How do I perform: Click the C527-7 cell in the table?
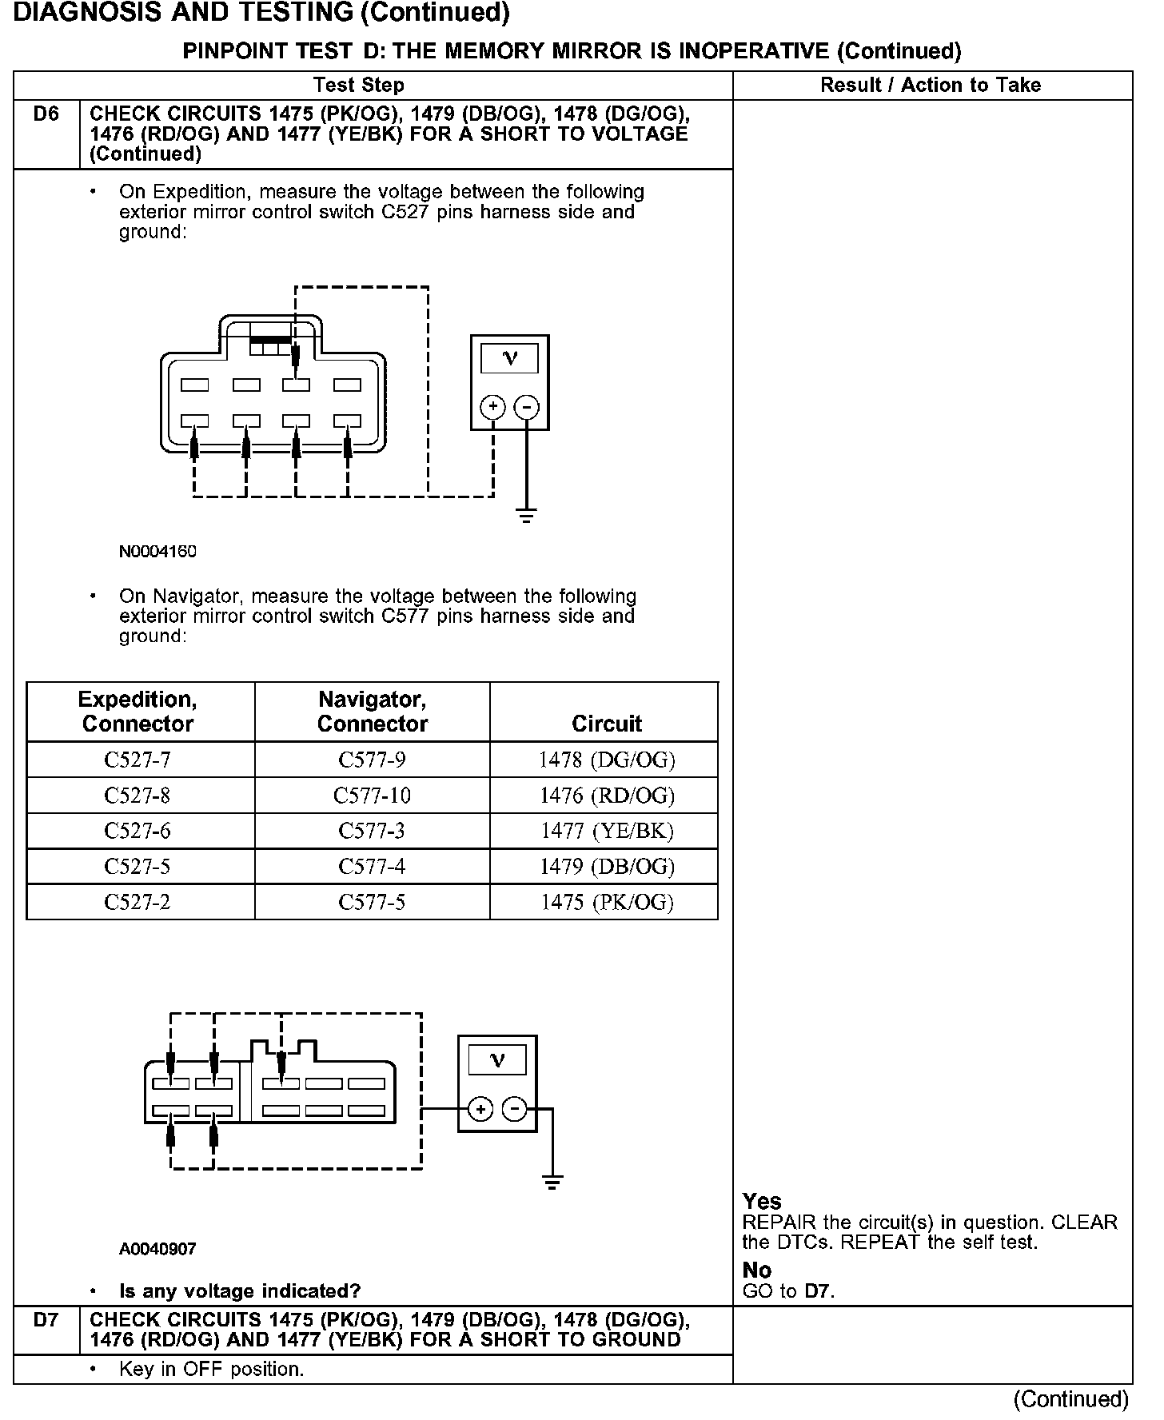138,760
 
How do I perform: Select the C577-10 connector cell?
372,796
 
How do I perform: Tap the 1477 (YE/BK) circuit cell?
607,832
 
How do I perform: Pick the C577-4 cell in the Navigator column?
372,867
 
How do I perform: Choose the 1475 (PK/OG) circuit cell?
607,903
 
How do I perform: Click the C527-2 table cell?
138,903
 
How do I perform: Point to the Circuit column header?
606,724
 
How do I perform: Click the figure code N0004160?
157,552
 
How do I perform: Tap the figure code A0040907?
157,1249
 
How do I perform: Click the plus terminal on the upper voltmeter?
492,407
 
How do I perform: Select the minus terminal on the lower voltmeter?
514,1110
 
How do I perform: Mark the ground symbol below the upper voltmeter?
526,516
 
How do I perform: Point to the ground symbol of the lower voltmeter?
552,1182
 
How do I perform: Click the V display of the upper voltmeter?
510,358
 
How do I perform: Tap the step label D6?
46,114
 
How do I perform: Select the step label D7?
46,1320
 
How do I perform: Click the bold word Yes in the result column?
761,1202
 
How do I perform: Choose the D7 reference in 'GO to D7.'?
817,1291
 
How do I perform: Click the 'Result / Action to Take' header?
931,86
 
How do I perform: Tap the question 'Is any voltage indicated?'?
240,1291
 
